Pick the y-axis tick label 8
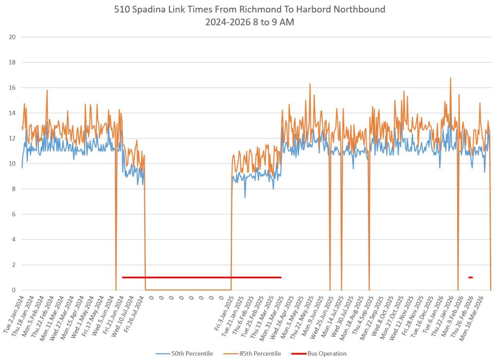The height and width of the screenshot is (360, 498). pyautogui.click(x=15, y=189)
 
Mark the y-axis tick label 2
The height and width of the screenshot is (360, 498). pyautogui.click(x=15, y=265)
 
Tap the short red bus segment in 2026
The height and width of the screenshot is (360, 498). pyautogui.click(x=470, y=277)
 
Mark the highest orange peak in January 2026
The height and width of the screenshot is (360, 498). pyautogui.click(x=450, y=78)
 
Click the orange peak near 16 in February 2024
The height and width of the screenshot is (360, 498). pyautogui.click(x=47, y=90)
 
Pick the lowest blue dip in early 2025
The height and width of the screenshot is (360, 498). pyautogui.click(x=245, y=197)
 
